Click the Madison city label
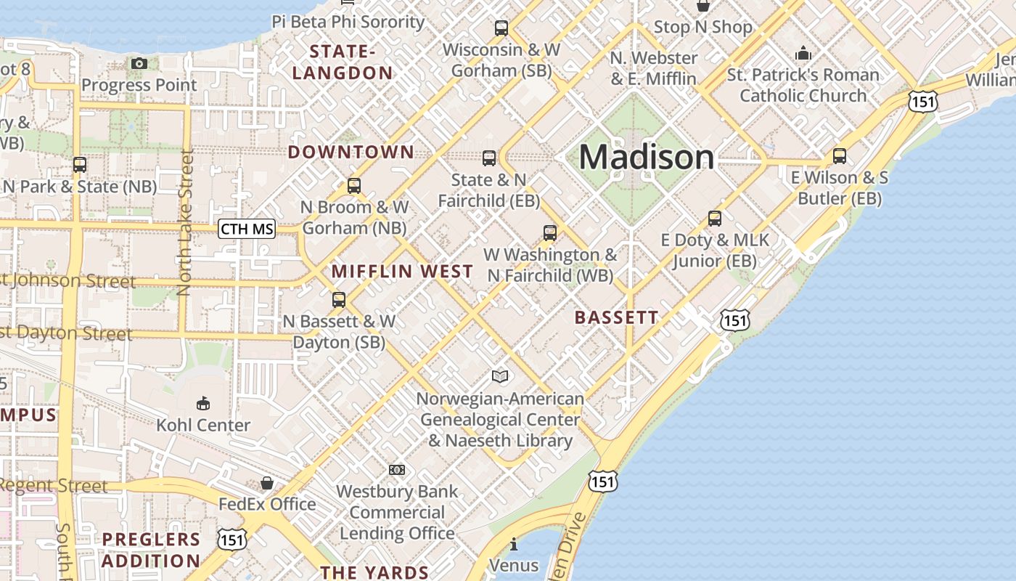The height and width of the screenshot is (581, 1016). coord(646,158)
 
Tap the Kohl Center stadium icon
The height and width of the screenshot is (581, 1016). coord(203,403)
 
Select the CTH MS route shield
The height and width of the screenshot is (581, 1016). coord(247,229)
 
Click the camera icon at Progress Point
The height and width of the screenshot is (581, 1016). coord(139,64)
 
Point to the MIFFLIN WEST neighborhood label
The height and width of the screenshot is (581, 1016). coord(402,272)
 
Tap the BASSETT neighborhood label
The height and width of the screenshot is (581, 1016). coord(616,317)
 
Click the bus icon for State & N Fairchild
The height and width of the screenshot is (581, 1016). coord(489,158)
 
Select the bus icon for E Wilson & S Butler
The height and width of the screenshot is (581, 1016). coord(840,155)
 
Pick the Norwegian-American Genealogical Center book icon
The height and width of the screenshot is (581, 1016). coord(500,376)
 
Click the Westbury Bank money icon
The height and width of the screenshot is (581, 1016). coord(397,470)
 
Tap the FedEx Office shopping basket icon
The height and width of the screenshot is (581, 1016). coord(267,483)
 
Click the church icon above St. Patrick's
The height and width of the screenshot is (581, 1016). coord(803,53)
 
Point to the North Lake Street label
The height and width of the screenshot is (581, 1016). coord(186,222)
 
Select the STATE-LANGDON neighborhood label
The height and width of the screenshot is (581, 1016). coord(343,62)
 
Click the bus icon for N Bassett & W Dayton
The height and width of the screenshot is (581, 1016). coord(338,299)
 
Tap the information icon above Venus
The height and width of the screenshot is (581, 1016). coord(514,544)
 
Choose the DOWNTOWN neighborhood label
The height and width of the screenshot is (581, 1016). coord(351,153)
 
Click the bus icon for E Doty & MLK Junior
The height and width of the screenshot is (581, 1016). coord(715,218)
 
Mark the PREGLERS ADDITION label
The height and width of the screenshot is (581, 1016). coord(151,550)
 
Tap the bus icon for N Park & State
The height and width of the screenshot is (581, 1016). coord(80,165)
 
